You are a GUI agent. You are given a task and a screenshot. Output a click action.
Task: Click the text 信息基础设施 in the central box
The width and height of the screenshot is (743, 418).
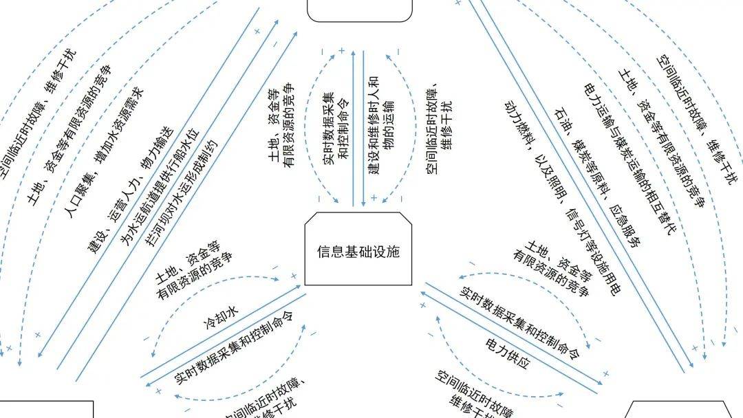(x=358, y=252)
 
